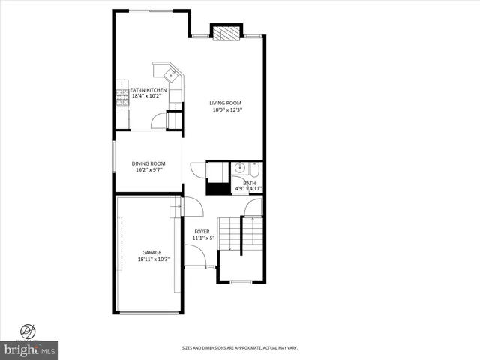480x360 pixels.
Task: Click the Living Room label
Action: click(x=225, y=103)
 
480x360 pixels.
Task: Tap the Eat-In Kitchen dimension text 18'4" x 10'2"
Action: click(x=149, y=96)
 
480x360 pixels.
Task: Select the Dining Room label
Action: click(x=148, y=163)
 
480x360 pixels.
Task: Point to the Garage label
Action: click(x=152, y=252)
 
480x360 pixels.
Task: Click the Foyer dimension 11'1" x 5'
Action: click(x=202, y=238)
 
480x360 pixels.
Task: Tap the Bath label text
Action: click(x=249, y=183)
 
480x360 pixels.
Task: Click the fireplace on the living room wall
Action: click(x=226, y=33)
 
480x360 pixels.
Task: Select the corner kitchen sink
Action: click(x=171, y=74)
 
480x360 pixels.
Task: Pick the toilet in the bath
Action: click(x=254, y=169)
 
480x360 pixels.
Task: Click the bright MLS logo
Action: click(x=30, y=349)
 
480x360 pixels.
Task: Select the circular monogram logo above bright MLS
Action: click(x=28, y=330)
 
